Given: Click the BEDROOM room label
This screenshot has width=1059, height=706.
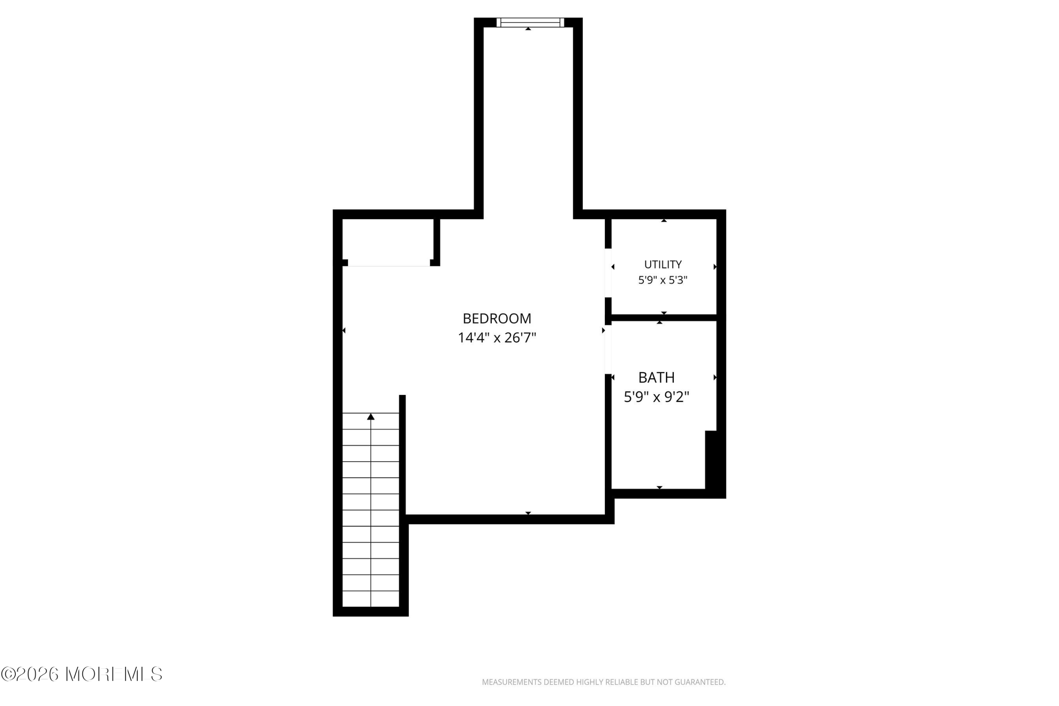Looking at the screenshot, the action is (497, 318).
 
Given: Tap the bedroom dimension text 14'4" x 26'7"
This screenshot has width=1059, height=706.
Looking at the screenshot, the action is (497, 337).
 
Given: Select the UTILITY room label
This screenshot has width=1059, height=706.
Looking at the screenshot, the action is (663, 264).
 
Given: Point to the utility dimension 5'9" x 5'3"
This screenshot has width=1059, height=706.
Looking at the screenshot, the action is (663, 280).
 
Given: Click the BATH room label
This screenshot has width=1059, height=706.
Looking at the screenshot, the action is (656, 377).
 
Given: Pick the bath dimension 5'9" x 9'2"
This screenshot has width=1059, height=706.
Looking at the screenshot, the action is (656, 397).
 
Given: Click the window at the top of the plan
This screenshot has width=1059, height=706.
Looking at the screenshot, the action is (530, 22).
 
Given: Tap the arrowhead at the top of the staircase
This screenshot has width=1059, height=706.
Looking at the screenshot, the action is (371, 416).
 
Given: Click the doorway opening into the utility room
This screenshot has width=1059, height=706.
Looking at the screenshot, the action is (608, 273).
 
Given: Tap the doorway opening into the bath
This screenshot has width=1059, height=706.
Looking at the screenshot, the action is (608, 349).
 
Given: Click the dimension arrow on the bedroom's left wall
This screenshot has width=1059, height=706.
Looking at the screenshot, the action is (344, 330).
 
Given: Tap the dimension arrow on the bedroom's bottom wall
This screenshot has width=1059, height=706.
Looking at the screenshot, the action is (528, 513).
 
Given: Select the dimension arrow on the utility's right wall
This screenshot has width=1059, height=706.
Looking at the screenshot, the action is (715, 267).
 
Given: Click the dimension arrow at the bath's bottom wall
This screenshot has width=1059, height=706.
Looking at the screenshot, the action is (660, 487).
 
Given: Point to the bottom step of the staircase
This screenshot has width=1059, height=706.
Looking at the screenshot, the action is (371, 599).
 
